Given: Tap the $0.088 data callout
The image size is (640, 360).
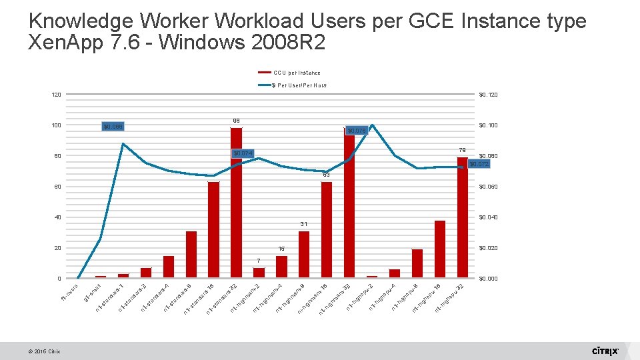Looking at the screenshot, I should pyautogui.click(x=114, y=126).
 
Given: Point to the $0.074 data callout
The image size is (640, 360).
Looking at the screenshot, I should pyautogui.click(x=244, y=154).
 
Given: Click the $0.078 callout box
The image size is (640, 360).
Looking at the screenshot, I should pyautogui.click(x=357, y=130).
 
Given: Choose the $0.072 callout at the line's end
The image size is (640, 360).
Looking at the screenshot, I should pyautogui.click(x=479, y=164).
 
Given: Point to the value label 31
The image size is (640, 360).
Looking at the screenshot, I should pyautogui.click(x=303, y=223).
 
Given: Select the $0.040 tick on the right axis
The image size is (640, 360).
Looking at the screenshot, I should pyautogui.click(x=488, y=217).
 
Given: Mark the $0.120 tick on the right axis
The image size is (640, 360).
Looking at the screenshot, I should pyautogui.click(x=488, y=95).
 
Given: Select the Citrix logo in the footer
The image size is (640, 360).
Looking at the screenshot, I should pyautogui.click(x=605, y=351).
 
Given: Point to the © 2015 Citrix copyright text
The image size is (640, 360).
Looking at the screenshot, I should pyautogui.click(x=45, y=352).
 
